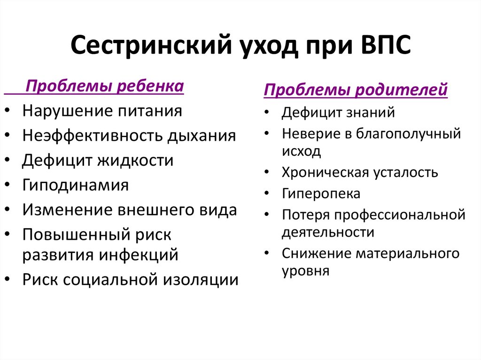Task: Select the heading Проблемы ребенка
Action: (x=104, y=87)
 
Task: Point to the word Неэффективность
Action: (x=93, y=136)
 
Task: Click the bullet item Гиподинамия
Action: (x=75, y=185)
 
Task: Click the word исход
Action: (x=302, y=151)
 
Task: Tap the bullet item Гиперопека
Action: (x=321, y=193)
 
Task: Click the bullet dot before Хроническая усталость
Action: (x=267, y=173)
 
